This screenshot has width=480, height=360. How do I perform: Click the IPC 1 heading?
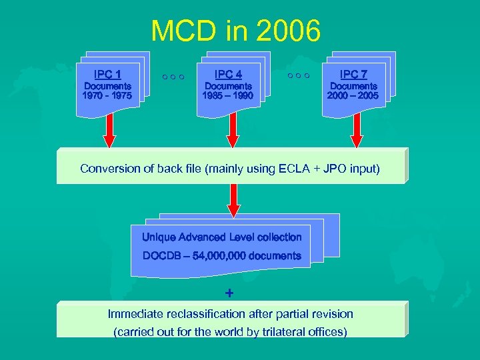point(107,74)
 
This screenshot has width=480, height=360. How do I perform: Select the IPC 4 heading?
point(228,74)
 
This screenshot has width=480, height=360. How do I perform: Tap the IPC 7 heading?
point(353,74)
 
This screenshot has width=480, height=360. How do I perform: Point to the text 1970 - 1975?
point(107,96)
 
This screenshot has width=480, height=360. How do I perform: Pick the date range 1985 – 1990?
point(228,96)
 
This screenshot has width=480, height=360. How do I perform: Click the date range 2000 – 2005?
point(353,96)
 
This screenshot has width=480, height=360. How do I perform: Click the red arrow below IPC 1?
point(109,131)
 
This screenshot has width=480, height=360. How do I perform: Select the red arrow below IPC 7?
point(357,131)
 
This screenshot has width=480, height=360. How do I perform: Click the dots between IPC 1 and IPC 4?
point(172,77)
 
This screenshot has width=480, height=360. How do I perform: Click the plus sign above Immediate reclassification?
point(229,293)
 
